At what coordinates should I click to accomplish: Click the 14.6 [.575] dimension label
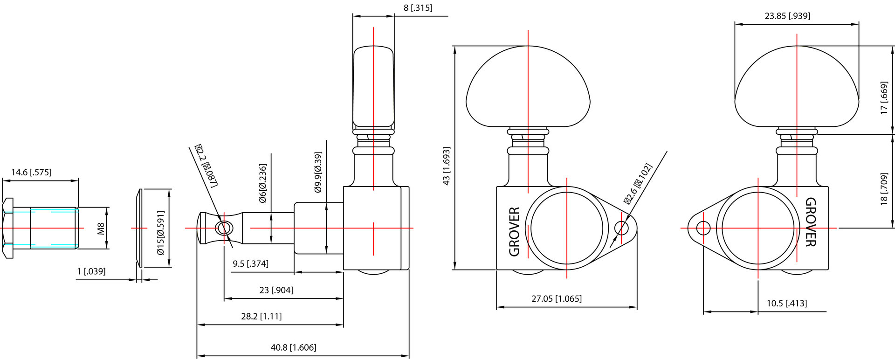click(x=31, y=172)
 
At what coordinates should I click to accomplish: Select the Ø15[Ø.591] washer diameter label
click(x=161, y=233)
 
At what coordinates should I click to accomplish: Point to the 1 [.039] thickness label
click(x=91, y=271)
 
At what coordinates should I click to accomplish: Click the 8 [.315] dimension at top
click(x=418, y=8)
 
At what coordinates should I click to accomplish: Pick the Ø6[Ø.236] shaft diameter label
click(x=262, y=183)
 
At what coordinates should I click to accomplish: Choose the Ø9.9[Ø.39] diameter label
click(x=318, y=172)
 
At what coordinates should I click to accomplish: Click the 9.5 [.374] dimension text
click(x=250, y=263)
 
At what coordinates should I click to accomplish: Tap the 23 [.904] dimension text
click(x=276, y=290)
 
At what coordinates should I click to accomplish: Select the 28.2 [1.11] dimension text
click(x=261, y=316)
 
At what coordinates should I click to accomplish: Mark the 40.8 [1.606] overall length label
click(x=293, y=347)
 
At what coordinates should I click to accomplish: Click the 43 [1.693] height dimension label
click(x=446, y=166)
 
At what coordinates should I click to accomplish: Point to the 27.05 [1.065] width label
click(x=557, y=298)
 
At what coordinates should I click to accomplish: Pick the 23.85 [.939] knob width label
click(x=787, y=16)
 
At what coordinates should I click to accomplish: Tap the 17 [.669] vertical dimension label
click(x=884, y=98)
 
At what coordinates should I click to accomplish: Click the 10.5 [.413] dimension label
click(x=786, y=303)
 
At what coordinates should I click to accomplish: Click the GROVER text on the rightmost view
click(x=811, y=222)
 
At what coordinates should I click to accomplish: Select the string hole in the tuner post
click(x=223, y=228)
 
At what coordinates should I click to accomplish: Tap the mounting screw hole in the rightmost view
click(x=703, y=228)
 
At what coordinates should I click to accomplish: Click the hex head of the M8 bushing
click(x=8, y=228)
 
